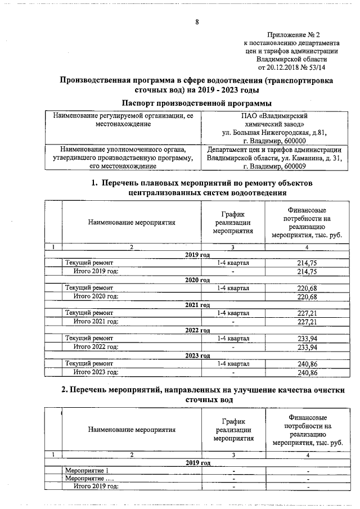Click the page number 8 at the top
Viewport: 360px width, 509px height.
point(197,22)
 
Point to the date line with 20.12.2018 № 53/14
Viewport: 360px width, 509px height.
point(294,66)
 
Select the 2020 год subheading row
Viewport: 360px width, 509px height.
point(197,280)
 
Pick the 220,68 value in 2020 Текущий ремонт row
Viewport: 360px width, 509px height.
point(307,288)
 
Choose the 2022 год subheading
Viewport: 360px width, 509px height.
point(197,330)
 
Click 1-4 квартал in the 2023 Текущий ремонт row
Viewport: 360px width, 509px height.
point(233,364)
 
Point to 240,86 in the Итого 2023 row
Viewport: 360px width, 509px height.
point(307,372)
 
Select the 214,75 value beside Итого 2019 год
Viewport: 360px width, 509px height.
point(307,271)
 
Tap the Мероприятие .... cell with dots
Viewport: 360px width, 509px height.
point(90,478)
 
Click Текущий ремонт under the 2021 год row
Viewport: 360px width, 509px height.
point(89,313)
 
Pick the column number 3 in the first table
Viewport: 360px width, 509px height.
point(233,246)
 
